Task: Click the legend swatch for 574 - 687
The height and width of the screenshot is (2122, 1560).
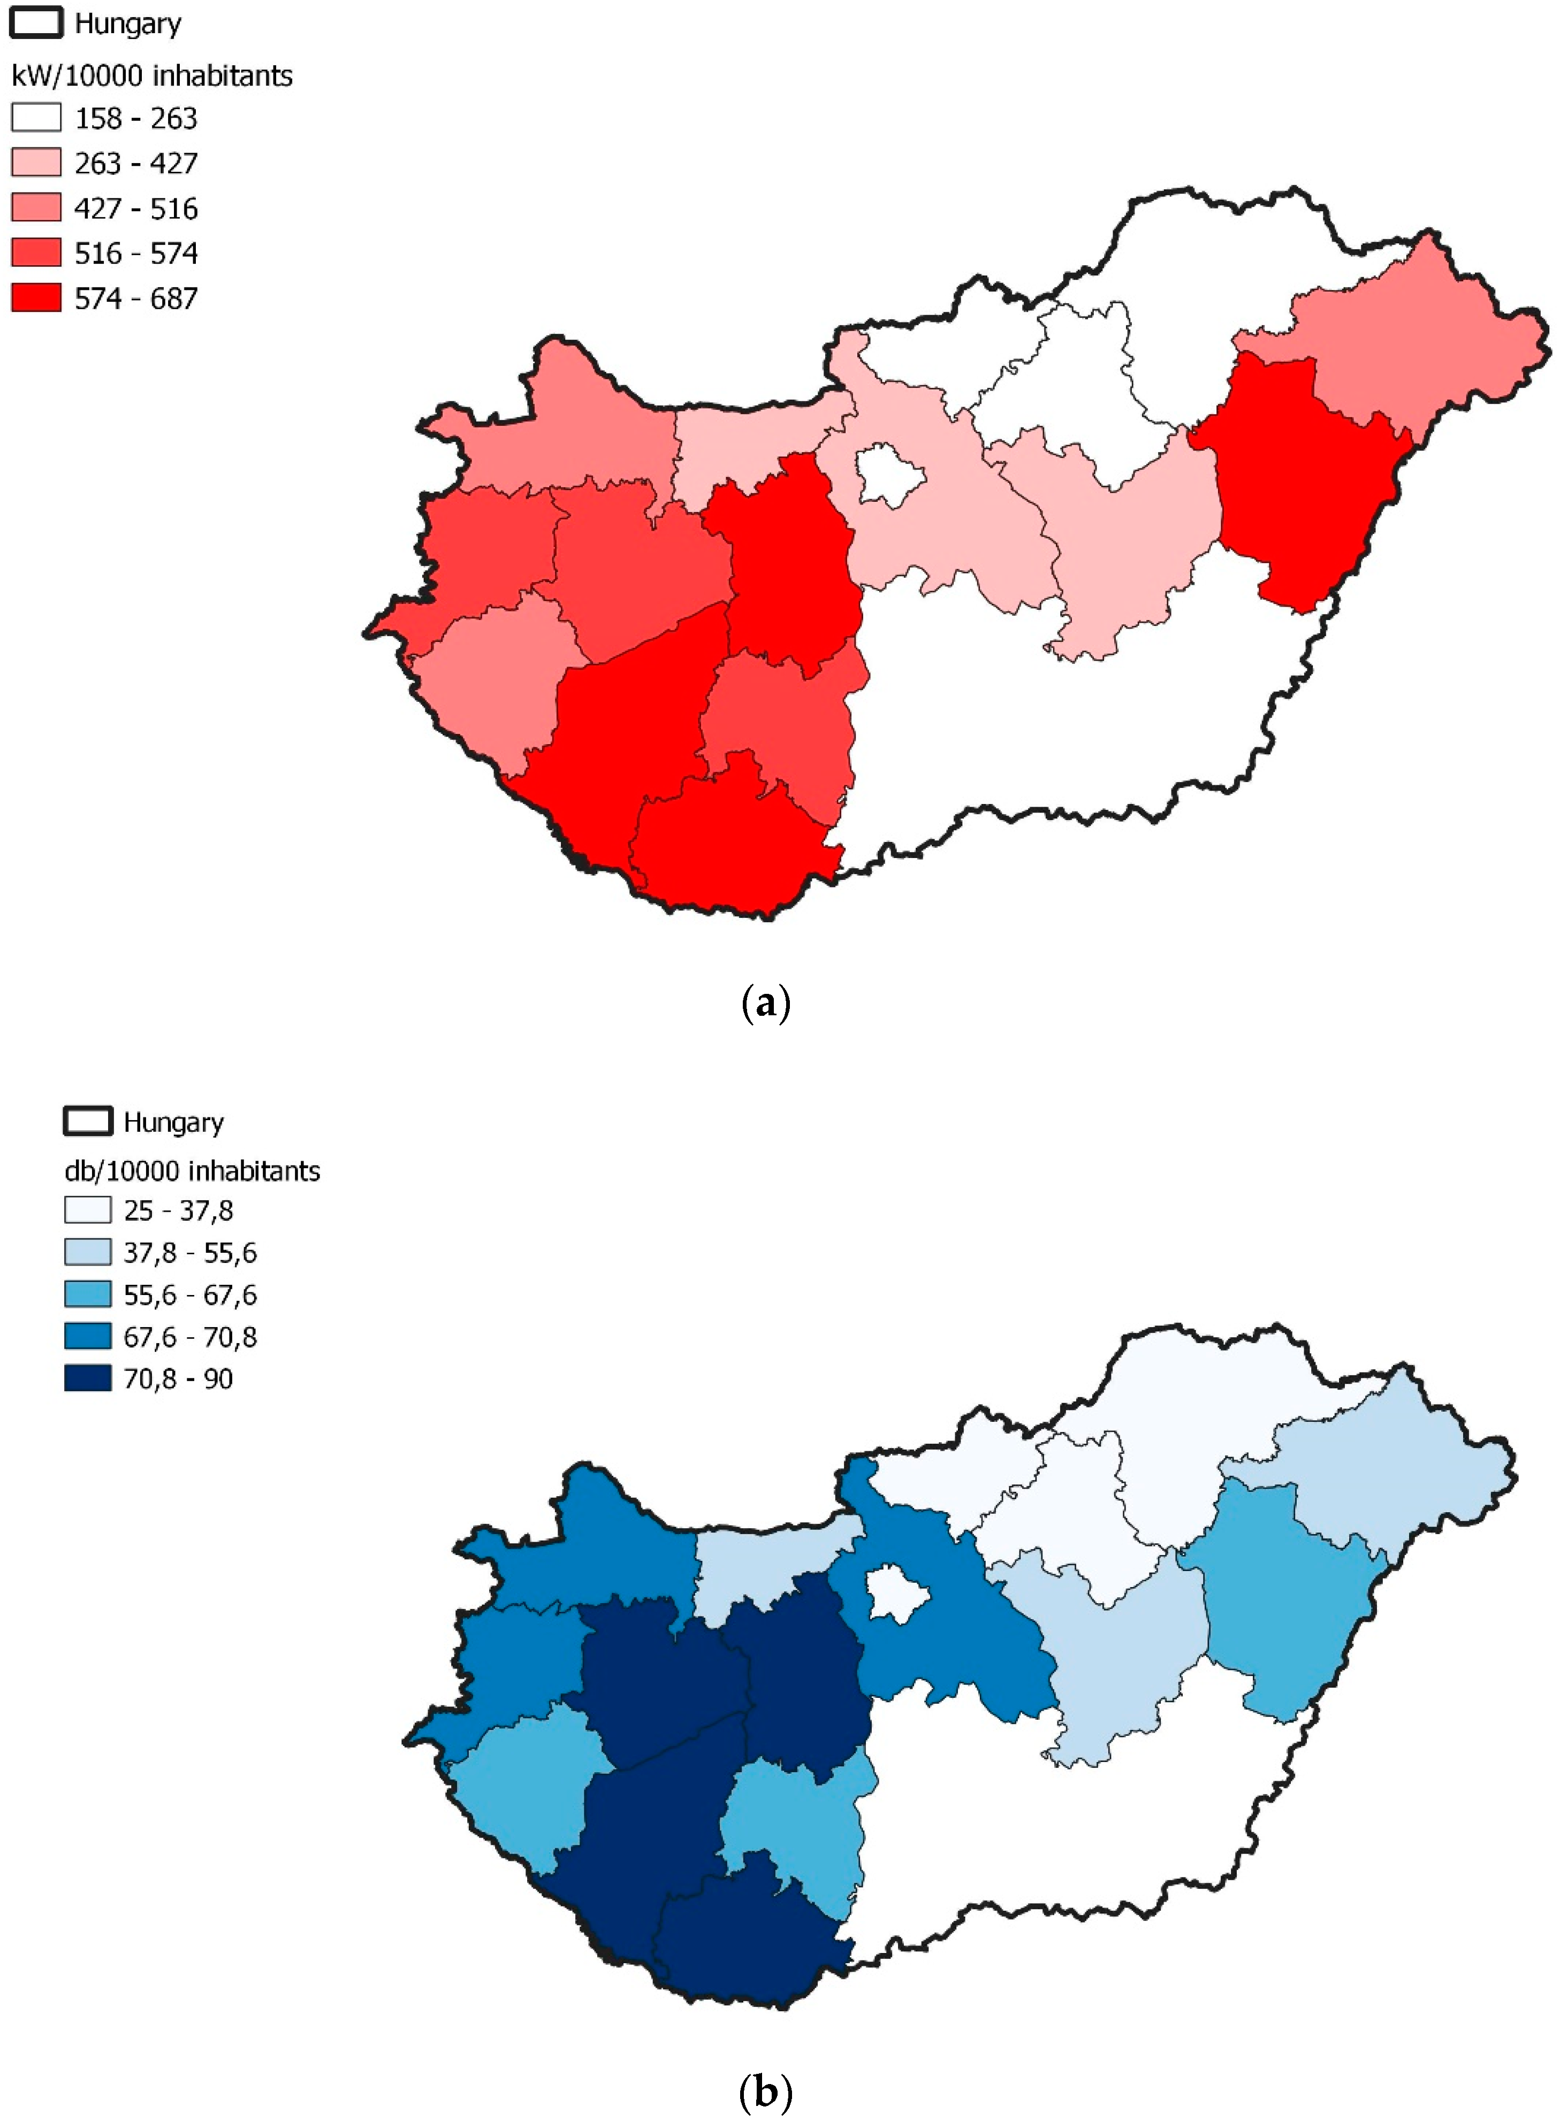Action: coord(36,298)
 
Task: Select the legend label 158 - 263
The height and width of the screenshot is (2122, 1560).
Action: coord(136,119)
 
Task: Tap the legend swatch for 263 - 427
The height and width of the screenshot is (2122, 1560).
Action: coord(36,163)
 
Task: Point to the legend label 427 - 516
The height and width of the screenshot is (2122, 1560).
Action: coord(136,209)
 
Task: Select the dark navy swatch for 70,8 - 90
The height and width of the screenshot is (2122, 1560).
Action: coord(88,1379)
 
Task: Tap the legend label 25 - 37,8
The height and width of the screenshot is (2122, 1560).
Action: coord(178,1211)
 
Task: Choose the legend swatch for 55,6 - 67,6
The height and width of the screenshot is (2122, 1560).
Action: coord(88,1295)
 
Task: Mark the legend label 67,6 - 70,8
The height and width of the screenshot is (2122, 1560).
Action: coord(190,1338)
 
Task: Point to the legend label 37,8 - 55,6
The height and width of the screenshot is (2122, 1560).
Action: coord(190,1253)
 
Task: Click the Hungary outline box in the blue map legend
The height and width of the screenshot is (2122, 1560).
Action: coord(88,1121)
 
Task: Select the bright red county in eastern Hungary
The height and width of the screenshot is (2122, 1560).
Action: coord(1298,481)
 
